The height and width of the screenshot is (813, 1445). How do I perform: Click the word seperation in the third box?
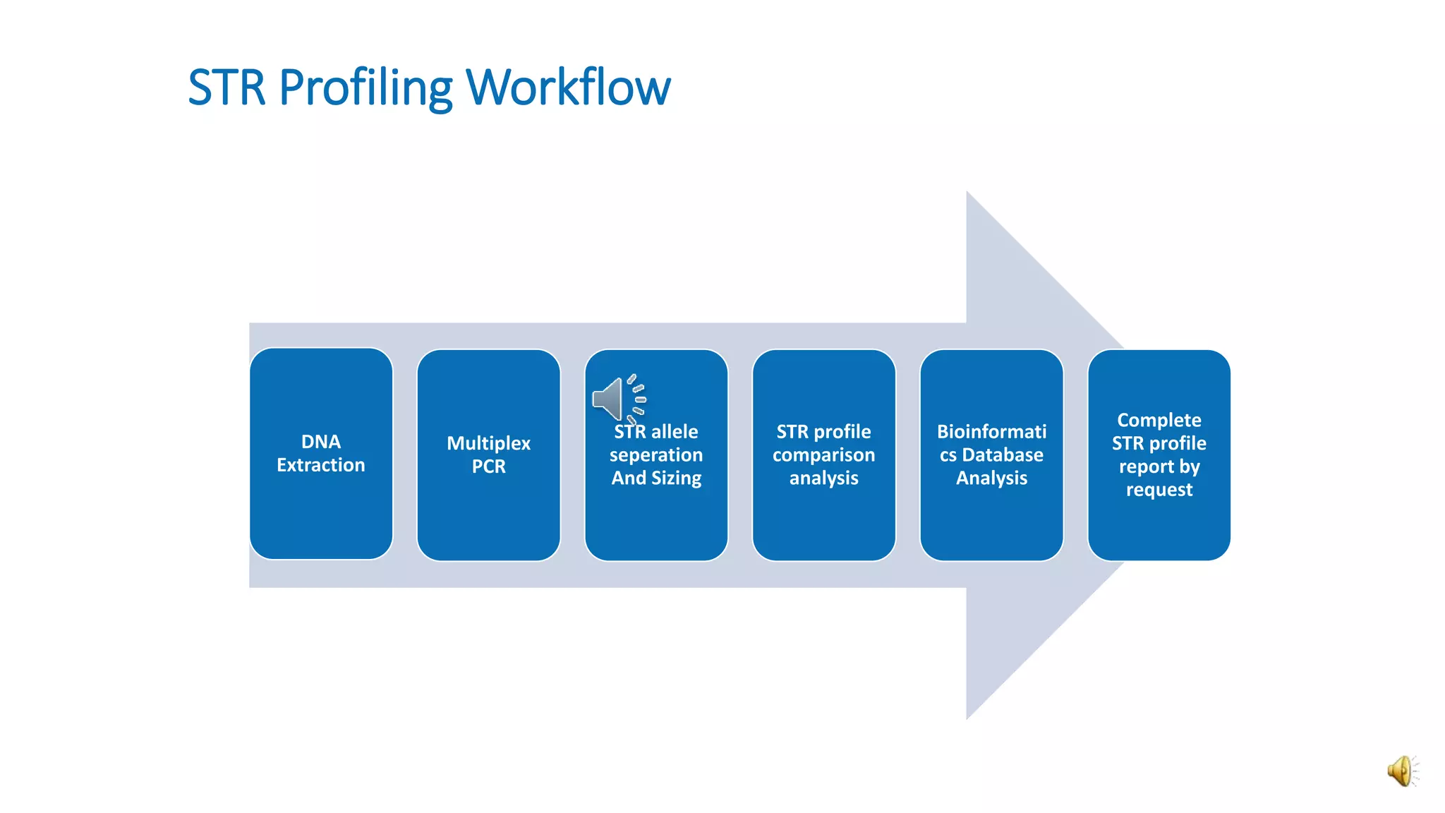(656, 455)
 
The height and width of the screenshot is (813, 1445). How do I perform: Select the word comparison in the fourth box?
(823, 455)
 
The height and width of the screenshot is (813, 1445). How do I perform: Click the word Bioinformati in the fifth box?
(991, 432)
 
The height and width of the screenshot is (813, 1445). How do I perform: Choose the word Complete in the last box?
(1159, 420)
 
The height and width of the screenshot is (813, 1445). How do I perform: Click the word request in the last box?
(1159, 490)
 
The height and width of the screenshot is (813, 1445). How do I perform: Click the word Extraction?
(321, 465)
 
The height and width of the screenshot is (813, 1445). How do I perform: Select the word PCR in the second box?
(488, 466)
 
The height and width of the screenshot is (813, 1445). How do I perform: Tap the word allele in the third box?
(675, 432)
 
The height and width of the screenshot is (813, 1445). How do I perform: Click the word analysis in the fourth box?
(823, 478)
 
